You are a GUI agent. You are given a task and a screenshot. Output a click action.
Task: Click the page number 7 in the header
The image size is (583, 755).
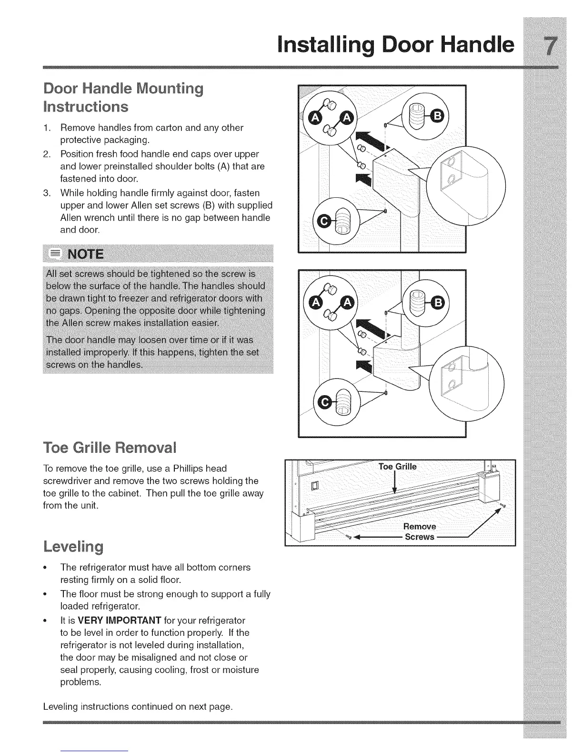[x=550, y=46]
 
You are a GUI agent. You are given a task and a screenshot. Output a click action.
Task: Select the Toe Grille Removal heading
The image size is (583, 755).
[x=110, y=449]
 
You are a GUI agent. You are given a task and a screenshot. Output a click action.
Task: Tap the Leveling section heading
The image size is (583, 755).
[x=73, y=546]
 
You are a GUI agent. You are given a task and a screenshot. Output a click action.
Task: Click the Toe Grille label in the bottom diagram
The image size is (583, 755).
[x=397, y=466]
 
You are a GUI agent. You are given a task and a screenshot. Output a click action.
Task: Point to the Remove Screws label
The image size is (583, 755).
[x=419, y=531]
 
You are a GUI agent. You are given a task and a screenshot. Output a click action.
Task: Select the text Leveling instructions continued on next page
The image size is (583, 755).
[x=137, y=706]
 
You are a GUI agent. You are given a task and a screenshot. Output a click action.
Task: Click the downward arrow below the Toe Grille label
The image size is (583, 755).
[x=395, y=486]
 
